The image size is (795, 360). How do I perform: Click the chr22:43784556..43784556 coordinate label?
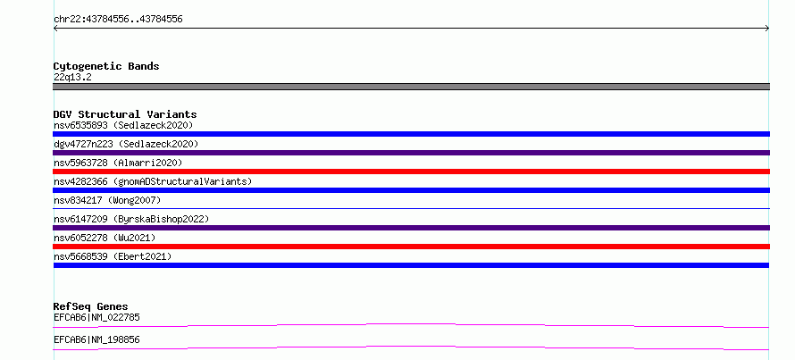point(118,20)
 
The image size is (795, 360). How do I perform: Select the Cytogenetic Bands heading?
point(106,66)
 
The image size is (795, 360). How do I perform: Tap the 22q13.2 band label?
point(72,78)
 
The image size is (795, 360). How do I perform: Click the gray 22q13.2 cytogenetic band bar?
point(411,87)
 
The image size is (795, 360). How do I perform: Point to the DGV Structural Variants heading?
point(125,114)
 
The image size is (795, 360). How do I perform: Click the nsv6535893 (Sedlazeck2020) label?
point(123,125)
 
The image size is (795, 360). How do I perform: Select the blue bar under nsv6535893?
point(411,134)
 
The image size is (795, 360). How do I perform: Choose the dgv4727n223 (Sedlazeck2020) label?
point(126,144)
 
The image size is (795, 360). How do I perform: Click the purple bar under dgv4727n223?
point(411,153)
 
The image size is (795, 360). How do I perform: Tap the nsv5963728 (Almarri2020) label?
point(118,163)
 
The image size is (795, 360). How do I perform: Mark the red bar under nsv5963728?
point(411,172)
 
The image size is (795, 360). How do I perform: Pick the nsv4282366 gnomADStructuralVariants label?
point(153,181)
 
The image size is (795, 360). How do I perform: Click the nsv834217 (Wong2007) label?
point(107,200)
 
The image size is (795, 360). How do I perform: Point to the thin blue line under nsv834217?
point(411,208)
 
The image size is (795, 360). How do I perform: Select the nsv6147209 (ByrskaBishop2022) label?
point(131,219)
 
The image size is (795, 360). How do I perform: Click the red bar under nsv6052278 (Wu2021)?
point(411,247)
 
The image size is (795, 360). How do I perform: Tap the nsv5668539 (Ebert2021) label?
point(113,256)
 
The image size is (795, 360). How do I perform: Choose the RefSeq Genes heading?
point(91,306)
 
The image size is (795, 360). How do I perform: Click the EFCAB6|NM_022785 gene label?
point(96,318)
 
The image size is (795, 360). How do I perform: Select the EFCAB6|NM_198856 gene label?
point(96,339)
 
